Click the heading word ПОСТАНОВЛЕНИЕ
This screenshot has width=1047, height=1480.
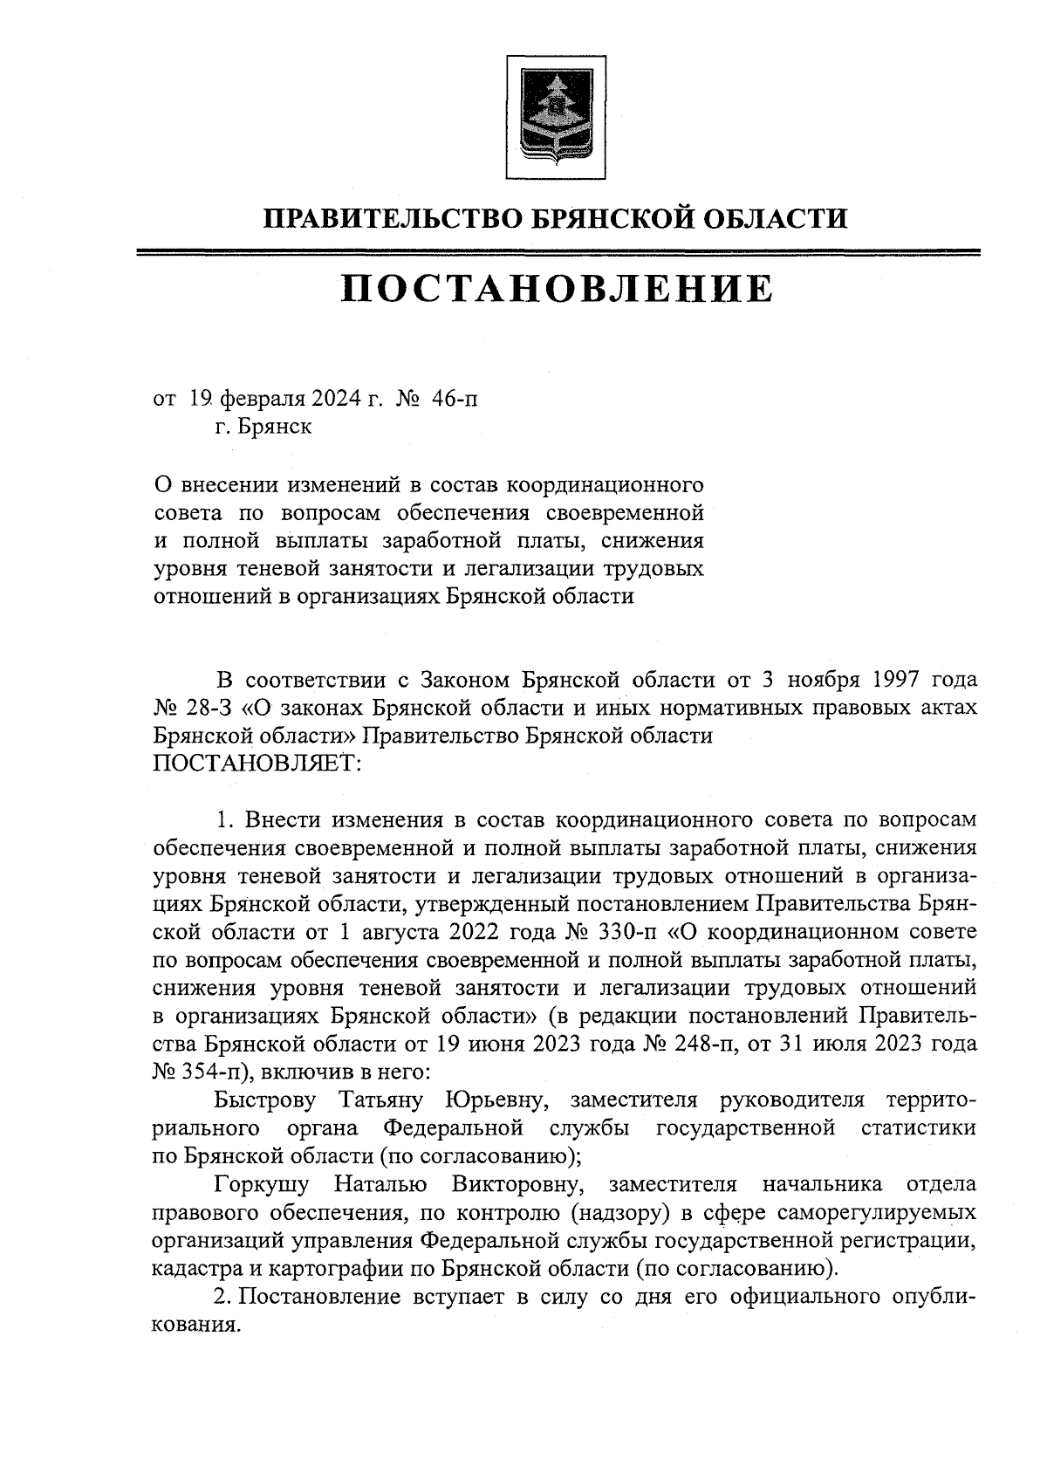[x=557, y=289]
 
